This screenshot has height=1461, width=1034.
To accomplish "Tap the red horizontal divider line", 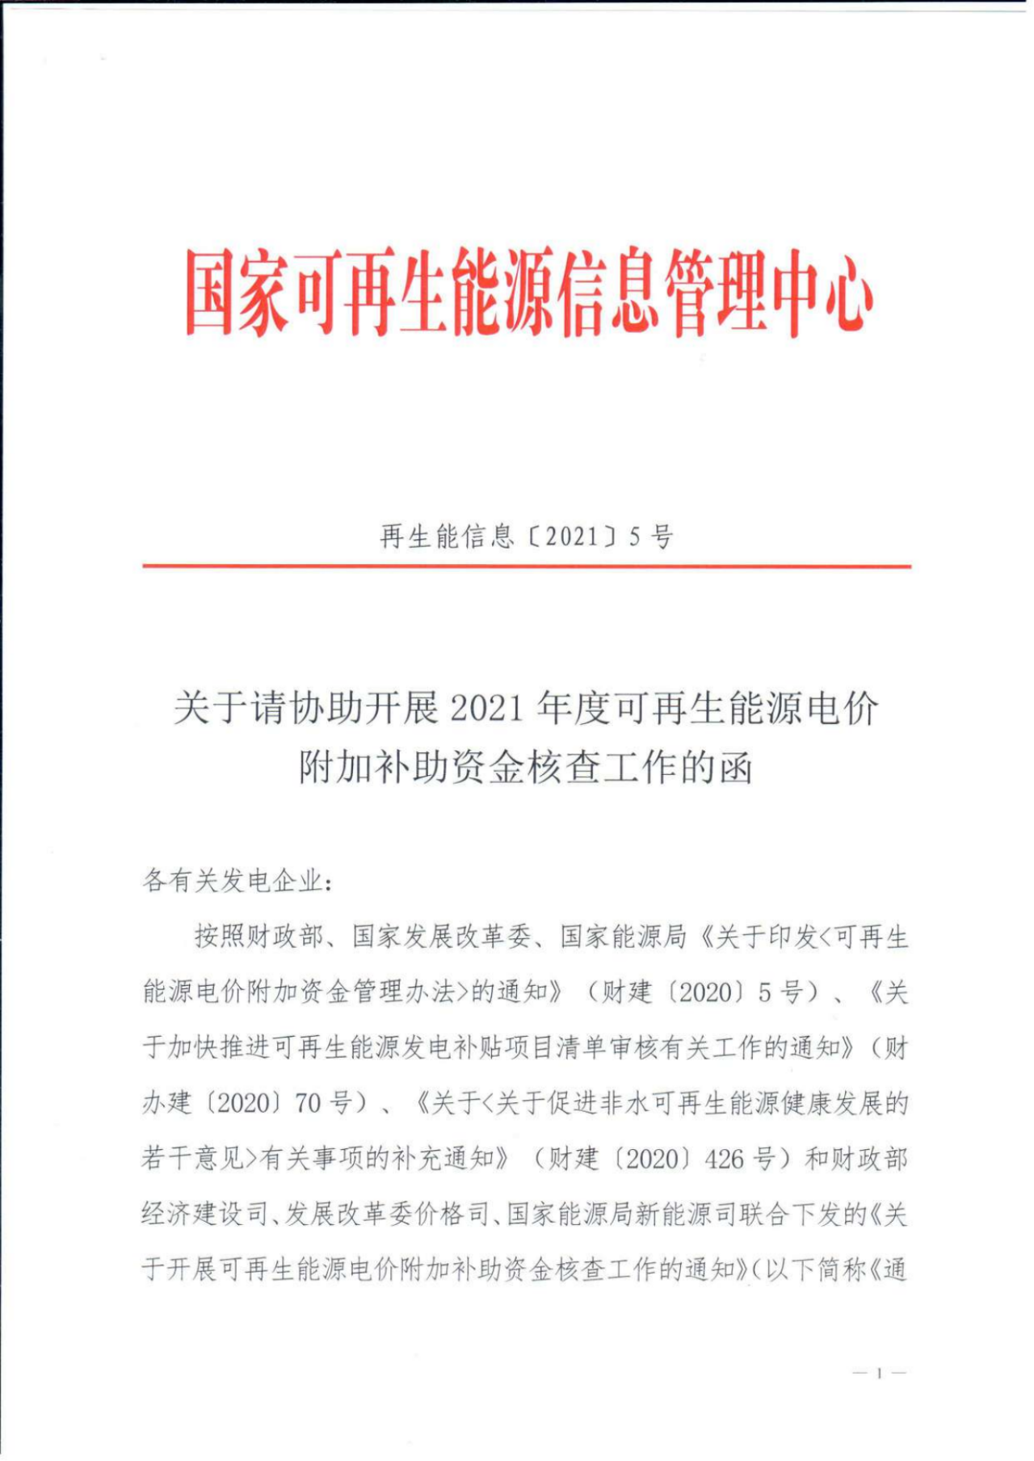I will (527, 566).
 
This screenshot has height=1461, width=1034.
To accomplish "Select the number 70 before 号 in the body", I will (309, 1103).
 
